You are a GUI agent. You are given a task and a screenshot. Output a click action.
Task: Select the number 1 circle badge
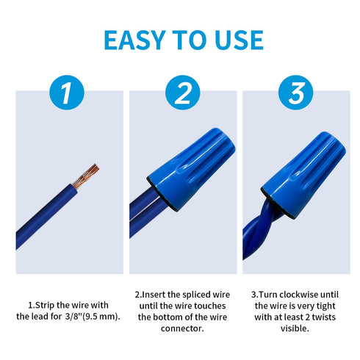click(67, 93)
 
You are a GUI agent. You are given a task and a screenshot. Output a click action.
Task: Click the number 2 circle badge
click(183, 93)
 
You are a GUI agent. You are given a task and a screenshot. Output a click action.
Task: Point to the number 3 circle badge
click(296, 93)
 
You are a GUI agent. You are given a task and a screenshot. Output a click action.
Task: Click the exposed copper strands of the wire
click(86, 176)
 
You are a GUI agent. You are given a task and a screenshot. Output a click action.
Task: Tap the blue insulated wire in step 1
click(46, 217)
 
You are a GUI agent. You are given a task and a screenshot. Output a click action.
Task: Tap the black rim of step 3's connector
click(276, 204)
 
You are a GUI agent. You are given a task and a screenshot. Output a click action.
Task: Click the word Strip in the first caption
click(45, 306)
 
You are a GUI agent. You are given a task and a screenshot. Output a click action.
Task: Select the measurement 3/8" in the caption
click(73, 317)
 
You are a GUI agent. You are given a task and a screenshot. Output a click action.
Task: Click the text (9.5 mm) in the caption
click(101, 317)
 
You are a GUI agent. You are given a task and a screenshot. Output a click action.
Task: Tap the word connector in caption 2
click(182, 328)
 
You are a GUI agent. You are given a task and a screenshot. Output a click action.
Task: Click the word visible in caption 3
click(295, 328)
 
